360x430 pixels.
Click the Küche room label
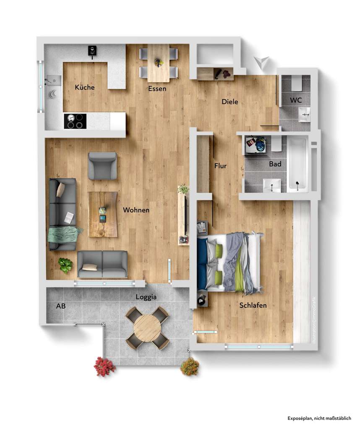pyautogui.click(x=85, y=88)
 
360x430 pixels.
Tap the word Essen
pyautogui.click(x=157, y=89)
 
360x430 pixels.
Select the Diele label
pyautogui.click(x=230, y=102)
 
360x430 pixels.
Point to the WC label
pyautogui.click(x=296, y=101)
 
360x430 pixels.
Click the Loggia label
pyautogui.click(x=146, y=297)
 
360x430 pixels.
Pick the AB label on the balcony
pyautogui.click(x=61, y=306)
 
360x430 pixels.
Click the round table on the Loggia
pyautogui.click(x=147, y=328)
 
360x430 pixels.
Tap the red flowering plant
pyautogui.click(x=104, y=366)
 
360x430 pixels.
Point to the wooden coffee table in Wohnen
pyautogui.click(x=103, y=214)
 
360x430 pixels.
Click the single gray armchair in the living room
pyautogui.click(x=102, y=165)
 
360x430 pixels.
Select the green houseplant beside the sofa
pyautogui.click(x=65, y=265)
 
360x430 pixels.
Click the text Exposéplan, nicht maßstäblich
pyautogui.click(x=319, y=418)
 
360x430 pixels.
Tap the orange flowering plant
pyautogui.click(x=190, y=366)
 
